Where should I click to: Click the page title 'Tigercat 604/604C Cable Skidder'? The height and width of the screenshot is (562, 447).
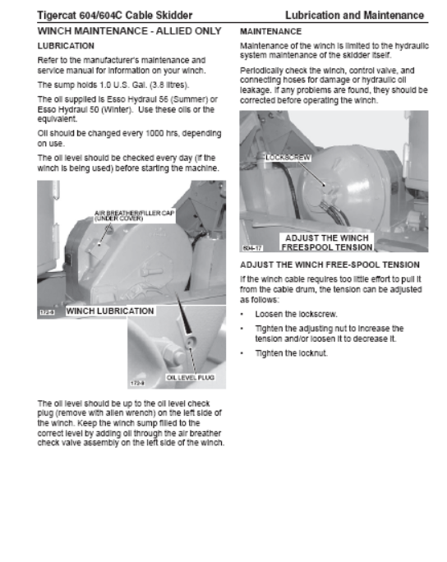115,16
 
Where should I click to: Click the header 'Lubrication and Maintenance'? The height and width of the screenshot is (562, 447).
354,16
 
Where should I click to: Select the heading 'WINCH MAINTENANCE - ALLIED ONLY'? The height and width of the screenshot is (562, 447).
129,31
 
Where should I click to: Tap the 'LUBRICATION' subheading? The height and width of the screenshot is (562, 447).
66,46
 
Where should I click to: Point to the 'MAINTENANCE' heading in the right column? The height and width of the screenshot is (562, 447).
270,31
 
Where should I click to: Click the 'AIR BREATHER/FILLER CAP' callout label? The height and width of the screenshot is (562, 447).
135,213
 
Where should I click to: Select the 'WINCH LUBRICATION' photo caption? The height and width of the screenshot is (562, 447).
110,311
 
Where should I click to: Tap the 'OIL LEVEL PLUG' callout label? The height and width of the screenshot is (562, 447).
191,377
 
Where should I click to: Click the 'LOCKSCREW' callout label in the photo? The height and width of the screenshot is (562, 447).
288,158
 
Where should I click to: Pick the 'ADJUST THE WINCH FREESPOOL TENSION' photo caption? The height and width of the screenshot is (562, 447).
327,242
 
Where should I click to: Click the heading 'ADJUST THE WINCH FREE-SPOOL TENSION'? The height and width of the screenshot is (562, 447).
329,265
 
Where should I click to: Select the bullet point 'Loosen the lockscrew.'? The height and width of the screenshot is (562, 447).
296,315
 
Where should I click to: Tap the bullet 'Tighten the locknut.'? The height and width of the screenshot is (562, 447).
292,353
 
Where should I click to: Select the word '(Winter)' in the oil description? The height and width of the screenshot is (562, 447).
117,109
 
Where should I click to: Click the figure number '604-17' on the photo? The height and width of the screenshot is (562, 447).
253,247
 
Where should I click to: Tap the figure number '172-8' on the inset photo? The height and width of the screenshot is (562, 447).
137,383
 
